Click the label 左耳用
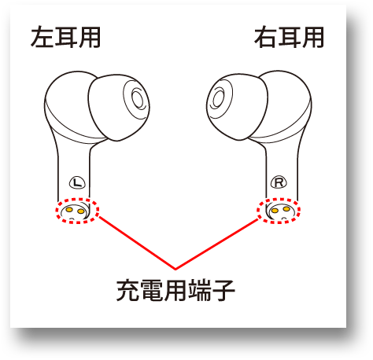pos(65,37)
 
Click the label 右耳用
pos(290,37)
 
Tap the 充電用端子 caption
pos(175,290)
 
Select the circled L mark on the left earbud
pos(77,182)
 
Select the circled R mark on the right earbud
pos(279,182)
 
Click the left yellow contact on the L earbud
pos(69,209)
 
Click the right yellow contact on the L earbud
pos(81,211)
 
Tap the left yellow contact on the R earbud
pos(275,211)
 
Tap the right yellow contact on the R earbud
pos(286,209)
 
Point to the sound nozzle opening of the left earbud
pos(138,99)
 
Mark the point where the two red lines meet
pos(175,269)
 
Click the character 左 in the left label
pos(42,37)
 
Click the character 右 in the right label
pos(265,37)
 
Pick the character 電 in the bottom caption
pos(152,290)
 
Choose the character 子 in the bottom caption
pos(223,290)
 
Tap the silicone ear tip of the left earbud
pos(118,108)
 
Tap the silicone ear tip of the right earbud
pos(238,107)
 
